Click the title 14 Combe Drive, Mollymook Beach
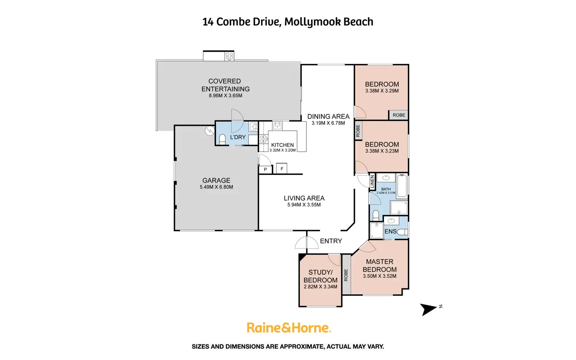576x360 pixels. click(288, 22)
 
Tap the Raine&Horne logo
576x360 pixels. click(289, 328)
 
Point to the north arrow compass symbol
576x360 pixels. click(429, 309)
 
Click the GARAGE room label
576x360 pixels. click(216, 180)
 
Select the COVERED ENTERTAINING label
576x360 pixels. click(225, 85)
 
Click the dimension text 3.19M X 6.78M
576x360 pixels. click(328, 123)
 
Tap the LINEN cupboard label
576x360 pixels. click(372, 181)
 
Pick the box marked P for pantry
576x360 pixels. click(265, 169)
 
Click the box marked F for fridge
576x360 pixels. click(282, 169)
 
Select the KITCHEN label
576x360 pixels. click(283, 145)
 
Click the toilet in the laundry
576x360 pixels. click(222, 139)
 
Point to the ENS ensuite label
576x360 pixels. click(391, 231)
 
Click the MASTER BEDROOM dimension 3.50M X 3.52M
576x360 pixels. click(380, 276)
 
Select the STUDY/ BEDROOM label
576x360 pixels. click(320, 276)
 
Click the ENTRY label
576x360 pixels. click(331, 241)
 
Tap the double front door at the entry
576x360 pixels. click(307, 243)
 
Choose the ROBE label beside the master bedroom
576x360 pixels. click(346, 275)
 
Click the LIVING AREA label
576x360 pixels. click(304, 198)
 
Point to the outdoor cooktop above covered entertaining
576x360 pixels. click(229, 56)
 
